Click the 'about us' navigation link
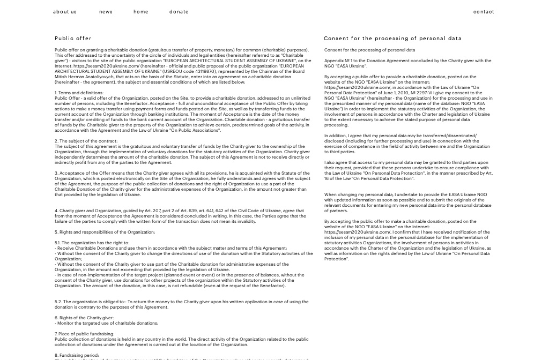[x=65, y=12]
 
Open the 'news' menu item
[x=106, y=12]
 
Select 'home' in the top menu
[x=141, y=12]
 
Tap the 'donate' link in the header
[x=179, y=12]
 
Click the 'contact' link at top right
[x=484, y=12]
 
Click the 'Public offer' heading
[x=73, y=39]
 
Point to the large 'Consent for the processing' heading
[x=392, y=39]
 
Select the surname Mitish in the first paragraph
[x=61, y=77]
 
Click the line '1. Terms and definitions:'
[x=79, y=93]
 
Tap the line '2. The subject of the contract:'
[x=86, y=141]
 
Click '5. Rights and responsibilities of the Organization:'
[x=105, y=232]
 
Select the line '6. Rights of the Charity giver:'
[x=84, y=318]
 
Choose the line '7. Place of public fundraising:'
[x=84, y=334]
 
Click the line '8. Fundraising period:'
[x=77, y=355]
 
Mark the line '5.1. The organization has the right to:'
[x=92, y=243]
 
